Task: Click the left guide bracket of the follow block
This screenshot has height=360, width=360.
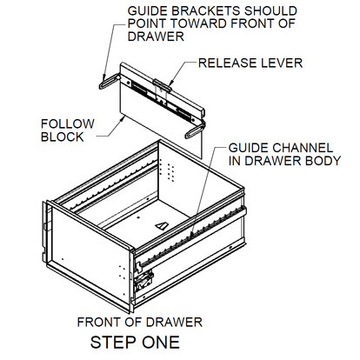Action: point(106,82)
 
